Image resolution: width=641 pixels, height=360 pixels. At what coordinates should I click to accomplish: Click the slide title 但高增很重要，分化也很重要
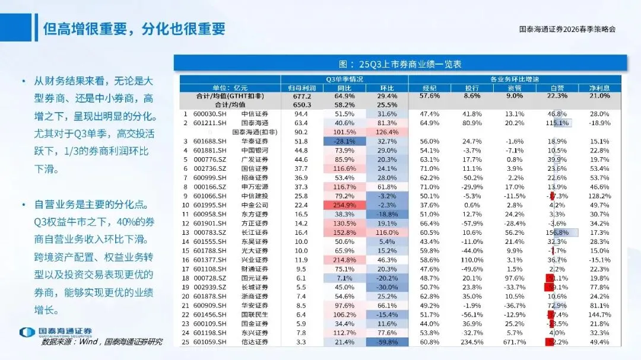point(134,29)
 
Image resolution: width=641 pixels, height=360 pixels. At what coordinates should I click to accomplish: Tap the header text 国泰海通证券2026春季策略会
point(567,29)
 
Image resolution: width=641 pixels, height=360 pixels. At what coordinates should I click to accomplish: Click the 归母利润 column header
point(302,87)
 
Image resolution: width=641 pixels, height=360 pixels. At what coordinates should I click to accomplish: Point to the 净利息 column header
point(600,87)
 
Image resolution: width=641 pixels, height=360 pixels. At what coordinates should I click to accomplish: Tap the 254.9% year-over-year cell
point(344,205)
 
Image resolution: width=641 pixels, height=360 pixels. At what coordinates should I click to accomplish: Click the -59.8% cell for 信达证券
point(387,342)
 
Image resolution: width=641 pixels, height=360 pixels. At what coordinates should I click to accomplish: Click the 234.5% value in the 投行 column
point(472,342)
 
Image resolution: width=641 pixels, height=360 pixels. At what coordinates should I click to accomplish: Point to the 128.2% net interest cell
point(600,196)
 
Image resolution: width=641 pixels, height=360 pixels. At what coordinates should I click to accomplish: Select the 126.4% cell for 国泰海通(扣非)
point(387,132)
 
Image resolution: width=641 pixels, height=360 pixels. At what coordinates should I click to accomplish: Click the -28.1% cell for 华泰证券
point(344,141)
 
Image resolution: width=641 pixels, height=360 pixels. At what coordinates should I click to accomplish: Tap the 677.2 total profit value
point(302,95)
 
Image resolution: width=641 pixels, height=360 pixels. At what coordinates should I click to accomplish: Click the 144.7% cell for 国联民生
point(600,315)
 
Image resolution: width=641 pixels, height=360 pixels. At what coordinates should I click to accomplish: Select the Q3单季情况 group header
point(344,79)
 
